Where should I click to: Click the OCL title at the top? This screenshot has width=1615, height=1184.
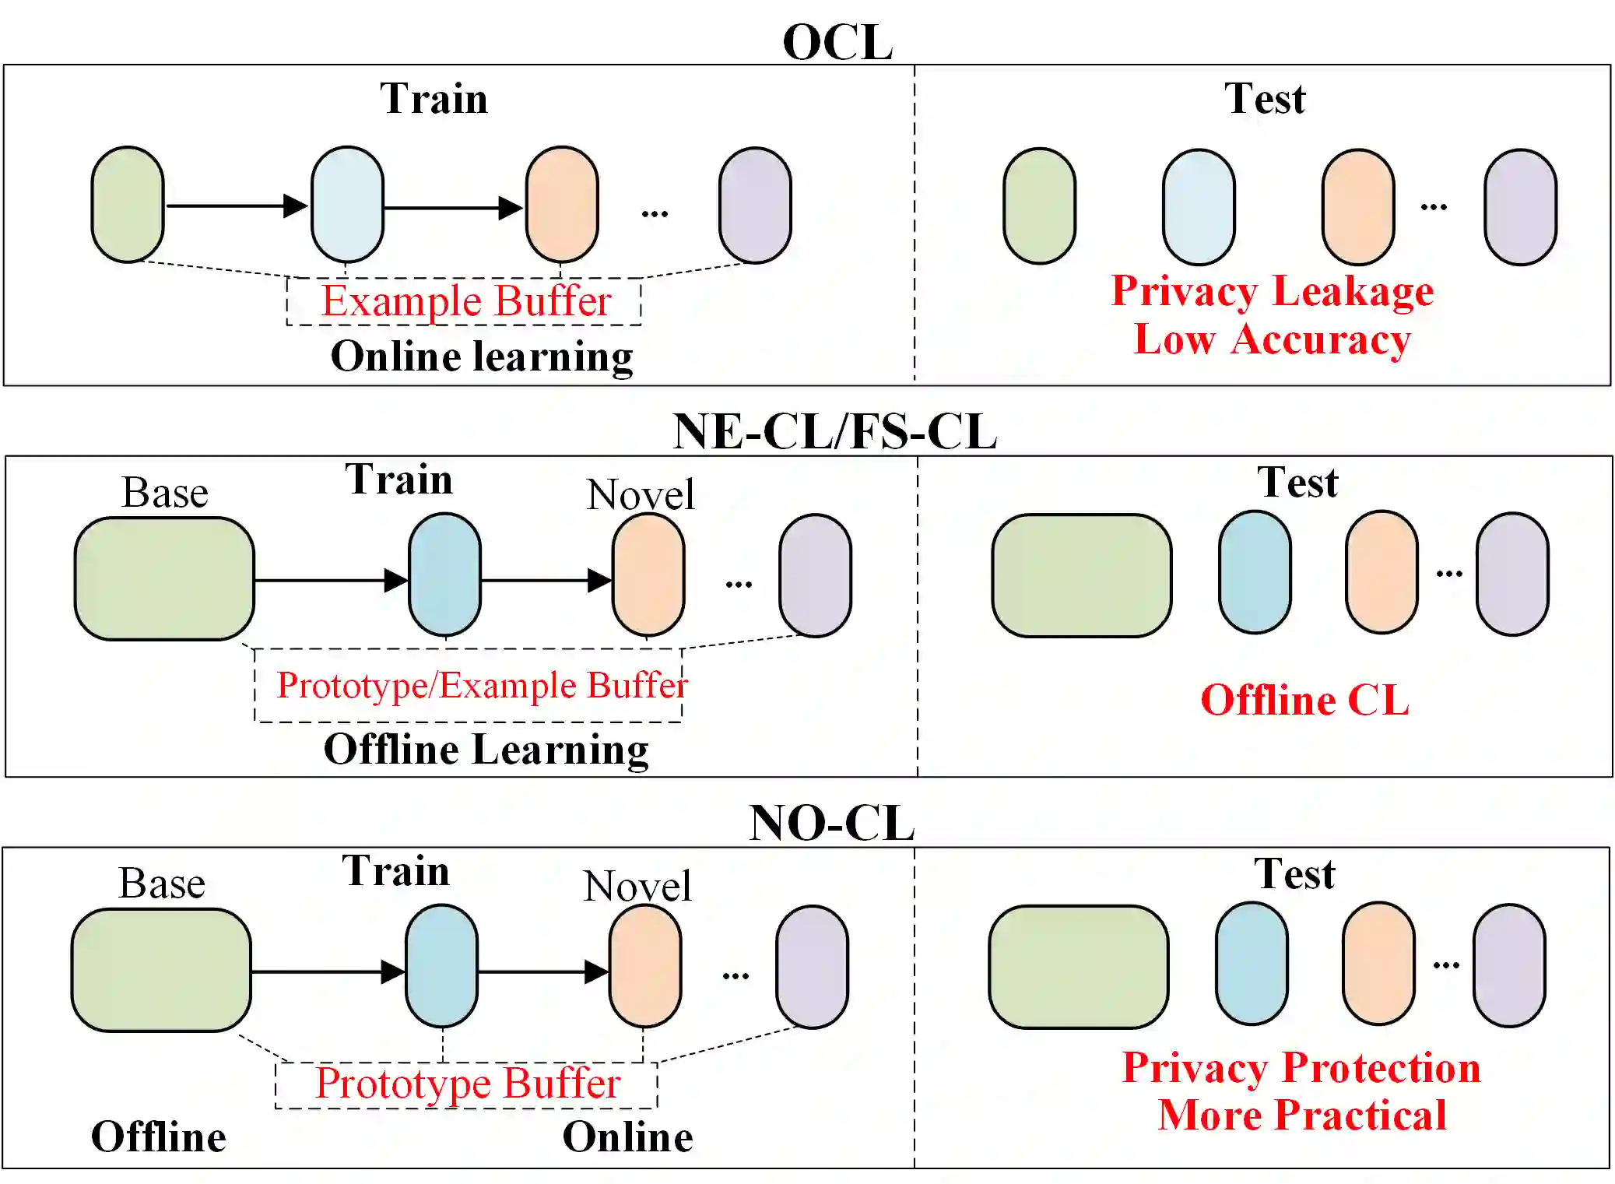tap(837, 42)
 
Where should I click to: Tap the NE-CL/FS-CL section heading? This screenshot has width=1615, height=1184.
tap(834, 432)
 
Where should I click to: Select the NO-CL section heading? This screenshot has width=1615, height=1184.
tap(831, 823)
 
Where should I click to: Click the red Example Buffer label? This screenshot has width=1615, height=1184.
tap(465, 302)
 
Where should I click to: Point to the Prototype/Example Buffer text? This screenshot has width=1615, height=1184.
tap(482, 686)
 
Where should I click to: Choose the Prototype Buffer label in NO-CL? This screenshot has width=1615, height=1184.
tap(467, 1084)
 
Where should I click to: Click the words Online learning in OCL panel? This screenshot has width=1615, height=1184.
tap(482, 357)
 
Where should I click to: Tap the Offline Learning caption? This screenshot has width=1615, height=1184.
tap(486, 750)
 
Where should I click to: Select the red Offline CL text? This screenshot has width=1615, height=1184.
tap(1304, 700)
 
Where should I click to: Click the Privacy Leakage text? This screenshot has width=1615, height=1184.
tap(1272, 292)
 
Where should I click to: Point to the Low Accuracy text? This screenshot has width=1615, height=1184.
tap(1272, 340)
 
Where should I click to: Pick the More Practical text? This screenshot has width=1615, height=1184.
tap(1301, 1115)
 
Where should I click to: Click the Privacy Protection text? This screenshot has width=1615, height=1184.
tap(1301, 1067)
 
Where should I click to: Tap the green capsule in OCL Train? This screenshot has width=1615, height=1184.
tap(128, 205)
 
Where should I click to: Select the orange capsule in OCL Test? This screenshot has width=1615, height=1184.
tap(1357, 207)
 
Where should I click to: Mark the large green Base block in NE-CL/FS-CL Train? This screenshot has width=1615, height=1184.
tap(164, 579)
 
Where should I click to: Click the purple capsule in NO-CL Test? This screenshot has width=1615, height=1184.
tap(1508, 965)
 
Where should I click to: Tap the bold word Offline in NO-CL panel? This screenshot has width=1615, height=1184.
tap(159, 1137)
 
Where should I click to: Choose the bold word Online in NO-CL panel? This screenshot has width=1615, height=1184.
tap(627, 1137)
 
